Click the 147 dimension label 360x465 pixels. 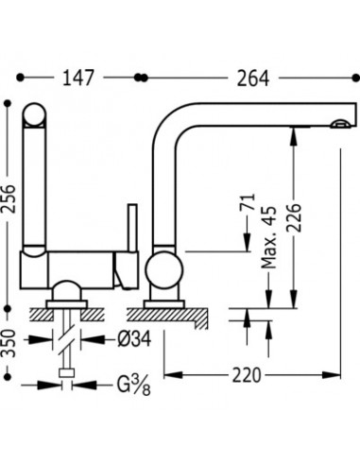[x=78, y=77]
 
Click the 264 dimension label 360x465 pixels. [x=253, y=78]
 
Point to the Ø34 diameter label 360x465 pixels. [x=134, y=339]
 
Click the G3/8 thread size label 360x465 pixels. [x=133, y=385]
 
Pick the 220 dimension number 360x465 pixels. [x=247, y=375]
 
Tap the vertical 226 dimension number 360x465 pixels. [x=294, y=218]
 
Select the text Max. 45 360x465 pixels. [x=269, y=237]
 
